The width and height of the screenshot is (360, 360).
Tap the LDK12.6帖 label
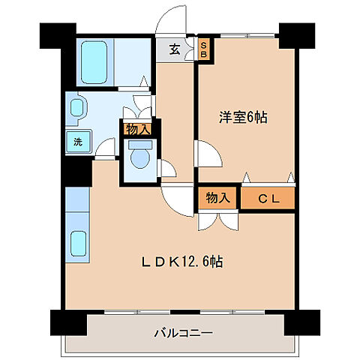pyautogui.click(x=184, y=262)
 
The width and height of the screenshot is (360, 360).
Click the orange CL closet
pyautogui.click(x=268, y=198)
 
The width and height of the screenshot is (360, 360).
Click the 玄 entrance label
pyautogui.click(x=174, y=49)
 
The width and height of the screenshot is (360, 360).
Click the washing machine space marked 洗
pyautogui.click(x=77, y=141)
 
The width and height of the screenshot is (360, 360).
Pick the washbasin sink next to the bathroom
pyautogui.click(x=77, y=107)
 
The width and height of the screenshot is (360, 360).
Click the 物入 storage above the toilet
pyautogui.click(x=138, y=129)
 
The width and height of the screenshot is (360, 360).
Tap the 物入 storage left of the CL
pyautogui.click(x=217, y=198)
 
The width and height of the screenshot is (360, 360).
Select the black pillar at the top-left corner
pyautogui.click(x=58, y=34)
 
